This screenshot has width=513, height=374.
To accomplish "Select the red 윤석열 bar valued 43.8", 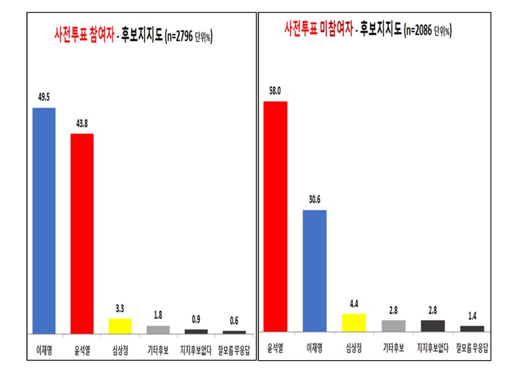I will (x=82, y=234).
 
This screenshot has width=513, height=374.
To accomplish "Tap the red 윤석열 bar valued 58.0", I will (x=275, y=216).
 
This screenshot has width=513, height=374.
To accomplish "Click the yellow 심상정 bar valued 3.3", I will (x=120, y=326).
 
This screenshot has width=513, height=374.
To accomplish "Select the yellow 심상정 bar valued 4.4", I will (x=354, y=323).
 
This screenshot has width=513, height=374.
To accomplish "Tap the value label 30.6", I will (x=315, y=200).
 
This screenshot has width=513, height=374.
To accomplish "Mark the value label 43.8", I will (x=82, y=125).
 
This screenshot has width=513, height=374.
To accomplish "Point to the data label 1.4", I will (x=471, y=317).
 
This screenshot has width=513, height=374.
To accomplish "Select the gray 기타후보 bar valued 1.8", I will (x=158, y=329).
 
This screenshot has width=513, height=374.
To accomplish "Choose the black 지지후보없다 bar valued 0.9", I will (x=196, y=331).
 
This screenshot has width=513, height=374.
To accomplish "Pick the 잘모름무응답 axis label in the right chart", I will (x=472, y=348).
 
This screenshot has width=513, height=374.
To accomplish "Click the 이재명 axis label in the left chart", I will (x=43, y=350).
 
